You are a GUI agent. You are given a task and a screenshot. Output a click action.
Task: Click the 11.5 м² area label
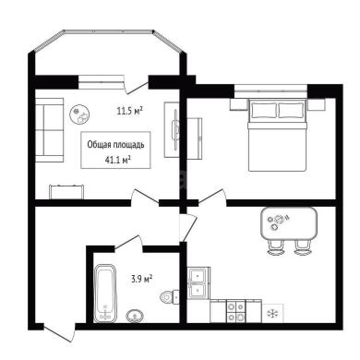pos(129,111)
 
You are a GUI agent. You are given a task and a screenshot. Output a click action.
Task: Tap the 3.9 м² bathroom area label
pos(142,279)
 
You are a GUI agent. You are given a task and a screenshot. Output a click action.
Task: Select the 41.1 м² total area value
pos(117,160)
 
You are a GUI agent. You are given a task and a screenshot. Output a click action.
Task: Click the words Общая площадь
pos(115,144)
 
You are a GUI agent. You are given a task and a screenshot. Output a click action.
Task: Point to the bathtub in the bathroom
pos(105,294)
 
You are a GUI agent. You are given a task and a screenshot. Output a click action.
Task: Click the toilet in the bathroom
pos(170,297)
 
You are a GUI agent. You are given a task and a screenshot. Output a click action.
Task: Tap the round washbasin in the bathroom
pos(135,316)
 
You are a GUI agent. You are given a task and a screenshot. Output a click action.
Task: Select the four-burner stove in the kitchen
pos(235,311)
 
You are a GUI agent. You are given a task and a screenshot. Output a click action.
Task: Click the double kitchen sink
pos(198,283)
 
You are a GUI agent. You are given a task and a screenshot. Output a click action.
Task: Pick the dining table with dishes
pos(289,223)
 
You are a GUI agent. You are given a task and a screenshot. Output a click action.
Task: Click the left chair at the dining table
pos(275,247)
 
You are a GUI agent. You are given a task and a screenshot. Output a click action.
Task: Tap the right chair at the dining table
pos(303,247)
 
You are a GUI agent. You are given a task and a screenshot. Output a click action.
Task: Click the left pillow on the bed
pos(264,110)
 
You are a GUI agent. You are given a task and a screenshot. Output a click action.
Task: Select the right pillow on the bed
pos(291,110)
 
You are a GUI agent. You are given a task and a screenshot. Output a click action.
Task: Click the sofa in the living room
pos(49,130)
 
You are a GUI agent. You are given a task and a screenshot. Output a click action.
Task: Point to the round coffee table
pos(79,114)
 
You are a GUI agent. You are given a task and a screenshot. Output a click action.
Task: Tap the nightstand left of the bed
pos(239,104)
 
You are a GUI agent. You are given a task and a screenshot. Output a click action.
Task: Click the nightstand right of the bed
pos(317,104)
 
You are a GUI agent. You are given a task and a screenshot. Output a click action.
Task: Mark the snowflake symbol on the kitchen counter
pos(273,314)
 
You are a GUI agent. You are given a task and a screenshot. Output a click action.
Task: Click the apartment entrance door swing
pos(59,333)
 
